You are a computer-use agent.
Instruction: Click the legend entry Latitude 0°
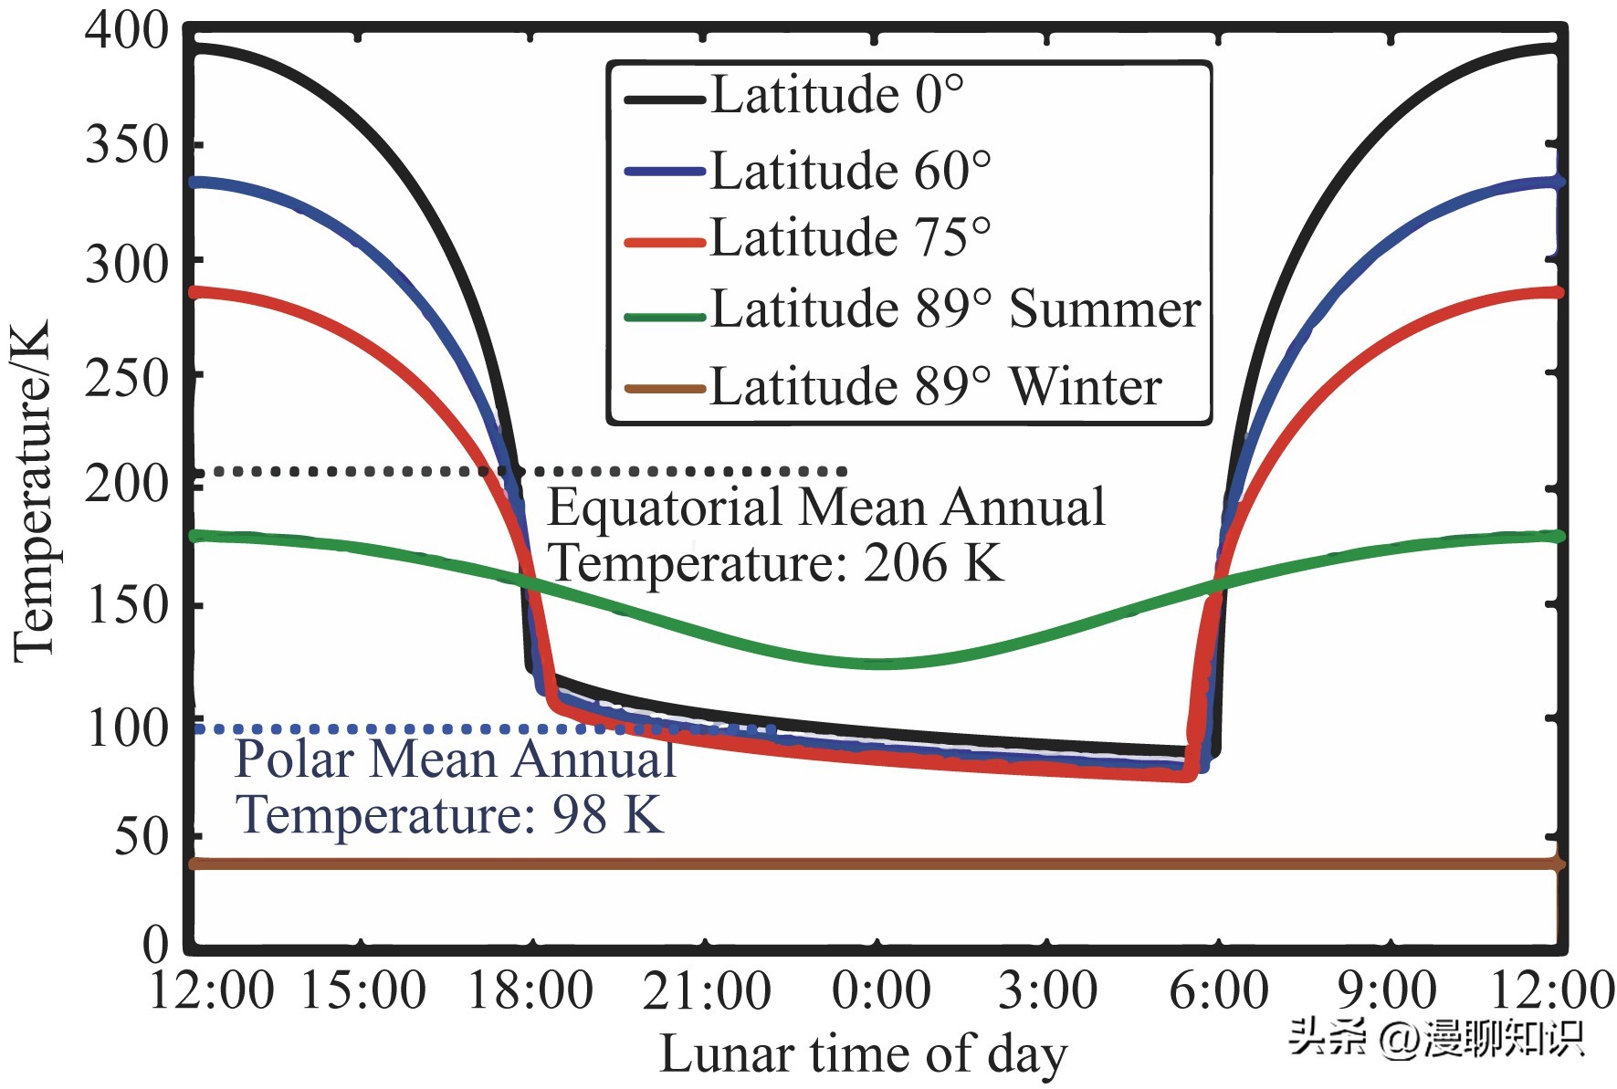[836, 95]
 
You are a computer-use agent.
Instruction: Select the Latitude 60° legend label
[850, 171]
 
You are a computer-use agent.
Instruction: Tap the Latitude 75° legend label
[850, 238]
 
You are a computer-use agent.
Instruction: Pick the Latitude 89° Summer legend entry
[955, 309]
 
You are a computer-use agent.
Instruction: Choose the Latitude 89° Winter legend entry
[935, 386]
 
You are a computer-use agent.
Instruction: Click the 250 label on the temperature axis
[127, 378]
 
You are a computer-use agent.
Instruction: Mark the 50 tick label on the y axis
[142, 836]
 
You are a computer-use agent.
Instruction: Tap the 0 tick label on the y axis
[156, 944]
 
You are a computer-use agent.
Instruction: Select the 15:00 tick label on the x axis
[362, 990]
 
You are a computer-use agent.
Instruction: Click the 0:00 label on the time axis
[880, 990]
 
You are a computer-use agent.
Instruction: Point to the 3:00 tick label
[1047, 990]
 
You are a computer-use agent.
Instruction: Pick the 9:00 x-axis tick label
[1386, 990]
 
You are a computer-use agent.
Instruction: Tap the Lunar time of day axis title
[863, 1054]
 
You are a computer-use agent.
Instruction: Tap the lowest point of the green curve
[880, 664]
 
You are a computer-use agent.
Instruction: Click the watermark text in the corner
[1435, 1038]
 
